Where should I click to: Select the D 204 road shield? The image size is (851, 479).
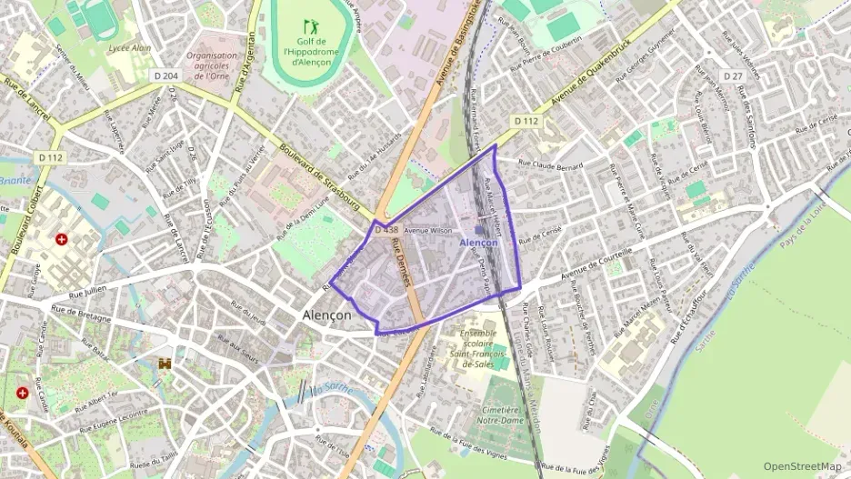tap(165, 77)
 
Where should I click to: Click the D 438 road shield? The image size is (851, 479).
tap(385, 230)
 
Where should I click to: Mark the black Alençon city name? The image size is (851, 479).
tap(326, 314)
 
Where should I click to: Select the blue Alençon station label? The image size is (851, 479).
tap(478, 243)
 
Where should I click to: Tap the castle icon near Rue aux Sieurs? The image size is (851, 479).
tap(165, 363)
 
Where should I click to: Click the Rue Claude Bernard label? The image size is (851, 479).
tap(551, 165)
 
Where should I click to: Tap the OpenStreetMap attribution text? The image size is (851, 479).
tap(802, 466)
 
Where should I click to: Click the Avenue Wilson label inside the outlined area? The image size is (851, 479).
tap(427, 231)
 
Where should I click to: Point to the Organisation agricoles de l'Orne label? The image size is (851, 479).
tap(212, 66)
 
